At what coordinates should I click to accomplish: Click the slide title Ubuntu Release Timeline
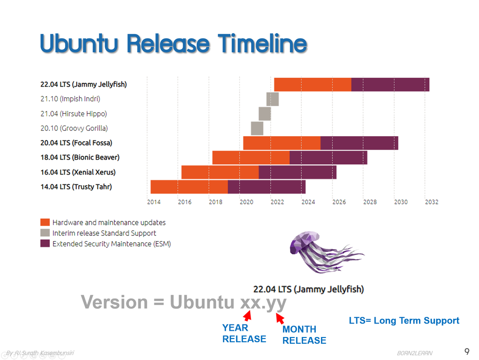(x=173, y=44)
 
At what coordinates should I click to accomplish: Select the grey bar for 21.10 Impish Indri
(x=273, y=99)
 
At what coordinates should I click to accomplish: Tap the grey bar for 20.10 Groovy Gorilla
(x=257, y=128)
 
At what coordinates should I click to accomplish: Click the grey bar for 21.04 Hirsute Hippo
(x=265, y=114)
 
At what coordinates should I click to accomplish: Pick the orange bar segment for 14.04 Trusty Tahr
(x=189, y=187)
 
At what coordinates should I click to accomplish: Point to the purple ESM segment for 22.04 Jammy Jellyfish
(x=390, y=84)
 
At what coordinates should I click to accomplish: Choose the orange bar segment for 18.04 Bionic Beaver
(x=251, y=158)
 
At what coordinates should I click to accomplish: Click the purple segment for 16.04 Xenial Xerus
(x=297, y=172)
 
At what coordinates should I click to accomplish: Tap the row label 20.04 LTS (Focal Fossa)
(x=76, y=143)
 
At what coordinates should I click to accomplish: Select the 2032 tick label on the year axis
(x=432, y=202)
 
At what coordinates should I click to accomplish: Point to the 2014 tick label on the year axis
(x=154, y=202)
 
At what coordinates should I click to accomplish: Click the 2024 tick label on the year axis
(x=308, y=202)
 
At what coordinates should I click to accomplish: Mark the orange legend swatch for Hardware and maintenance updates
(x=45, y=222)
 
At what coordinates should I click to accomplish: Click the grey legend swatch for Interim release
(x=45, y=233)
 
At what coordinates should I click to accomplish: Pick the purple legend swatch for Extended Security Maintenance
(x=45, y=244)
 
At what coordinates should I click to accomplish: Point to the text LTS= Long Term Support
(x=404, y=321)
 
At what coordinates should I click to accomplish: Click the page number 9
(x=467, y=351)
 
